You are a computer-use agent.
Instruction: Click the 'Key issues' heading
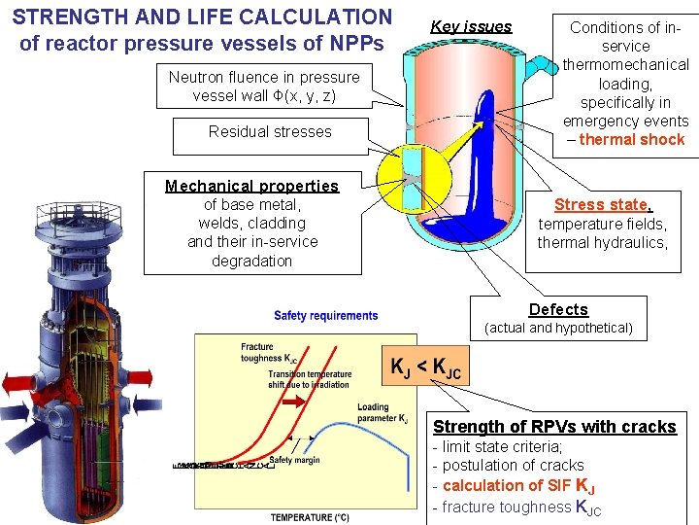[x=471, y=26]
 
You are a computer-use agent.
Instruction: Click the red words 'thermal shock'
[x=632, y=139]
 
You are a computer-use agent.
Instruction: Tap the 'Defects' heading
[x=558, y=309]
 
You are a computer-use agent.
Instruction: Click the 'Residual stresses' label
[x=270, y=131]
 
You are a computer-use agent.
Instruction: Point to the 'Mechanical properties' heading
[x=251, y=186]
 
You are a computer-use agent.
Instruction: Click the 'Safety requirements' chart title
[x=325, y=316]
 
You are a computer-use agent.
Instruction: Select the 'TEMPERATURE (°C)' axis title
[x=310, y=517]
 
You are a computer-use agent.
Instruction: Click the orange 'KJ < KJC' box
[x=425, y=367]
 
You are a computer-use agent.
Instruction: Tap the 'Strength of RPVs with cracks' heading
[x=554, y=426]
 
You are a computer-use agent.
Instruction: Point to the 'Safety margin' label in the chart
[x=294, y=460]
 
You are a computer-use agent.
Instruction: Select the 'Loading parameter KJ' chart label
[x=382, y=413]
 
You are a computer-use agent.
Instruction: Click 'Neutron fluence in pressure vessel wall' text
[x=263, y=86]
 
